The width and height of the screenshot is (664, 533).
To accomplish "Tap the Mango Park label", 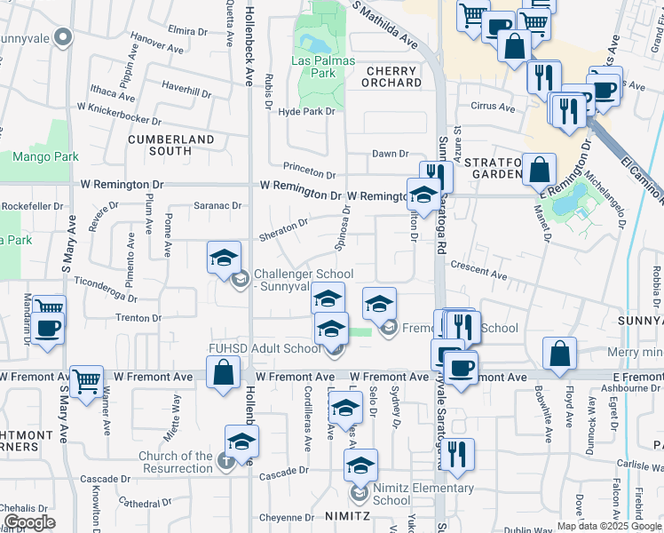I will (44, 157).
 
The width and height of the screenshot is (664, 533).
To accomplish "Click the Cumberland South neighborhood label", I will (171, 146).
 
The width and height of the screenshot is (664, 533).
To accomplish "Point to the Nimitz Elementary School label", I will (423, 494).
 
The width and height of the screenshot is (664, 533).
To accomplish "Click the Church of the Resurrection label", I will (175, 462).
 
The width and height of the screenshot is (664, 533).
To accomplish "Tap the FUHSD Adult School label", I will (265, 348).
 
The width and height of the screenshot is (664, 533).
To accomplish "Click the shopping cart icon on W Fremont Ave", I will (86, 382).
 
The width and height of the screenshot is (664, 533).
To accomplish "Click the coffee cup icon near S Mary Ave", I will (49, 327).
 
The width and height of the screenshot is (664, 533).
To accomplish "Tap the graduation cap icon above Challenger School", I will (224, 259).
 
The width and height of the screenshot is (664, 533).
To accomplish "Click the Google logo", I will (29, 522).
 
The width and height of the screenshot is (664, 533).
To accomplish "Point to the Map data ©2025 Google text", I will (608, 526).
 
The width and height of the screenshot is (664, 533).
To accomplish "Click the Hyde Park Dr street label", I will (306, 112).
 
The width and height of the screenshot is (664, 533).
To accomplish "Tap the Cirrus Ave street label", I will (494, 108).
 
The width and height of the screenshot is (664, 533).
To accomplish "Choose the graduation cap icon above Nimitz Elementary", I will (360, 465).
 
